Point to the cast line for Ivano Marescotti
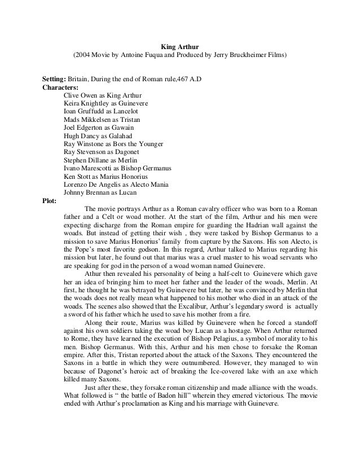point(118,168)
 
